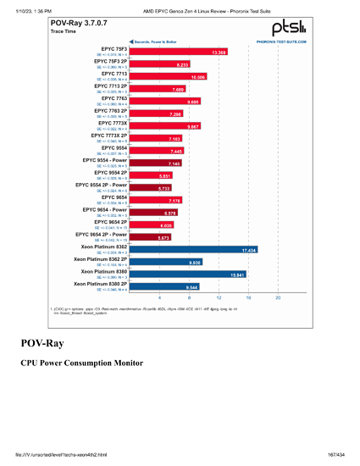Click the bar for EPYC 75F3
pos(178,52)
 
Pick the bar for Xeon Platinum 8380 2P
pos(166,287)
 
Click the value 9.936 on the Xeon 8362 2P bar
pos(195,263)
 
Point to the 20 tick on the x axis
pos(278,298)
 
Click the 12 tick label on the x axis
pos(219,298)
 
